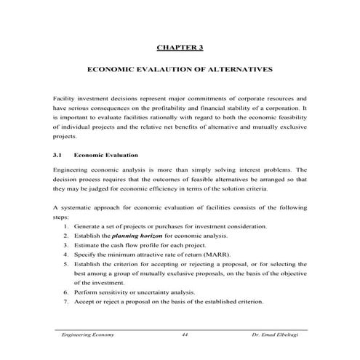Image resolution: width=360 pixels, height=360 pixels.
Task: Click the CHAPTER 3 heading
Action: tap(180, 48)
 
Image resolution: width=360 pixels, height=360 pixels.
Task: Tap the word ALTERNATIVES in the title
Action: tap(239, 73)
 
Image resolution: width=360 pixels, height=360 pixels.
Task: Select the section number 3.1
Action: tap(59, 155)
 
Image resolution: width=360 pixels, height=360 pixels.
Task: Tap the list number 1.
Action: tap(66, 227)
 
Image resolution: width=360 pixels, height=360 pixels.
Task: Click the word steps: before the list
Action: tap(63, 217)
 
